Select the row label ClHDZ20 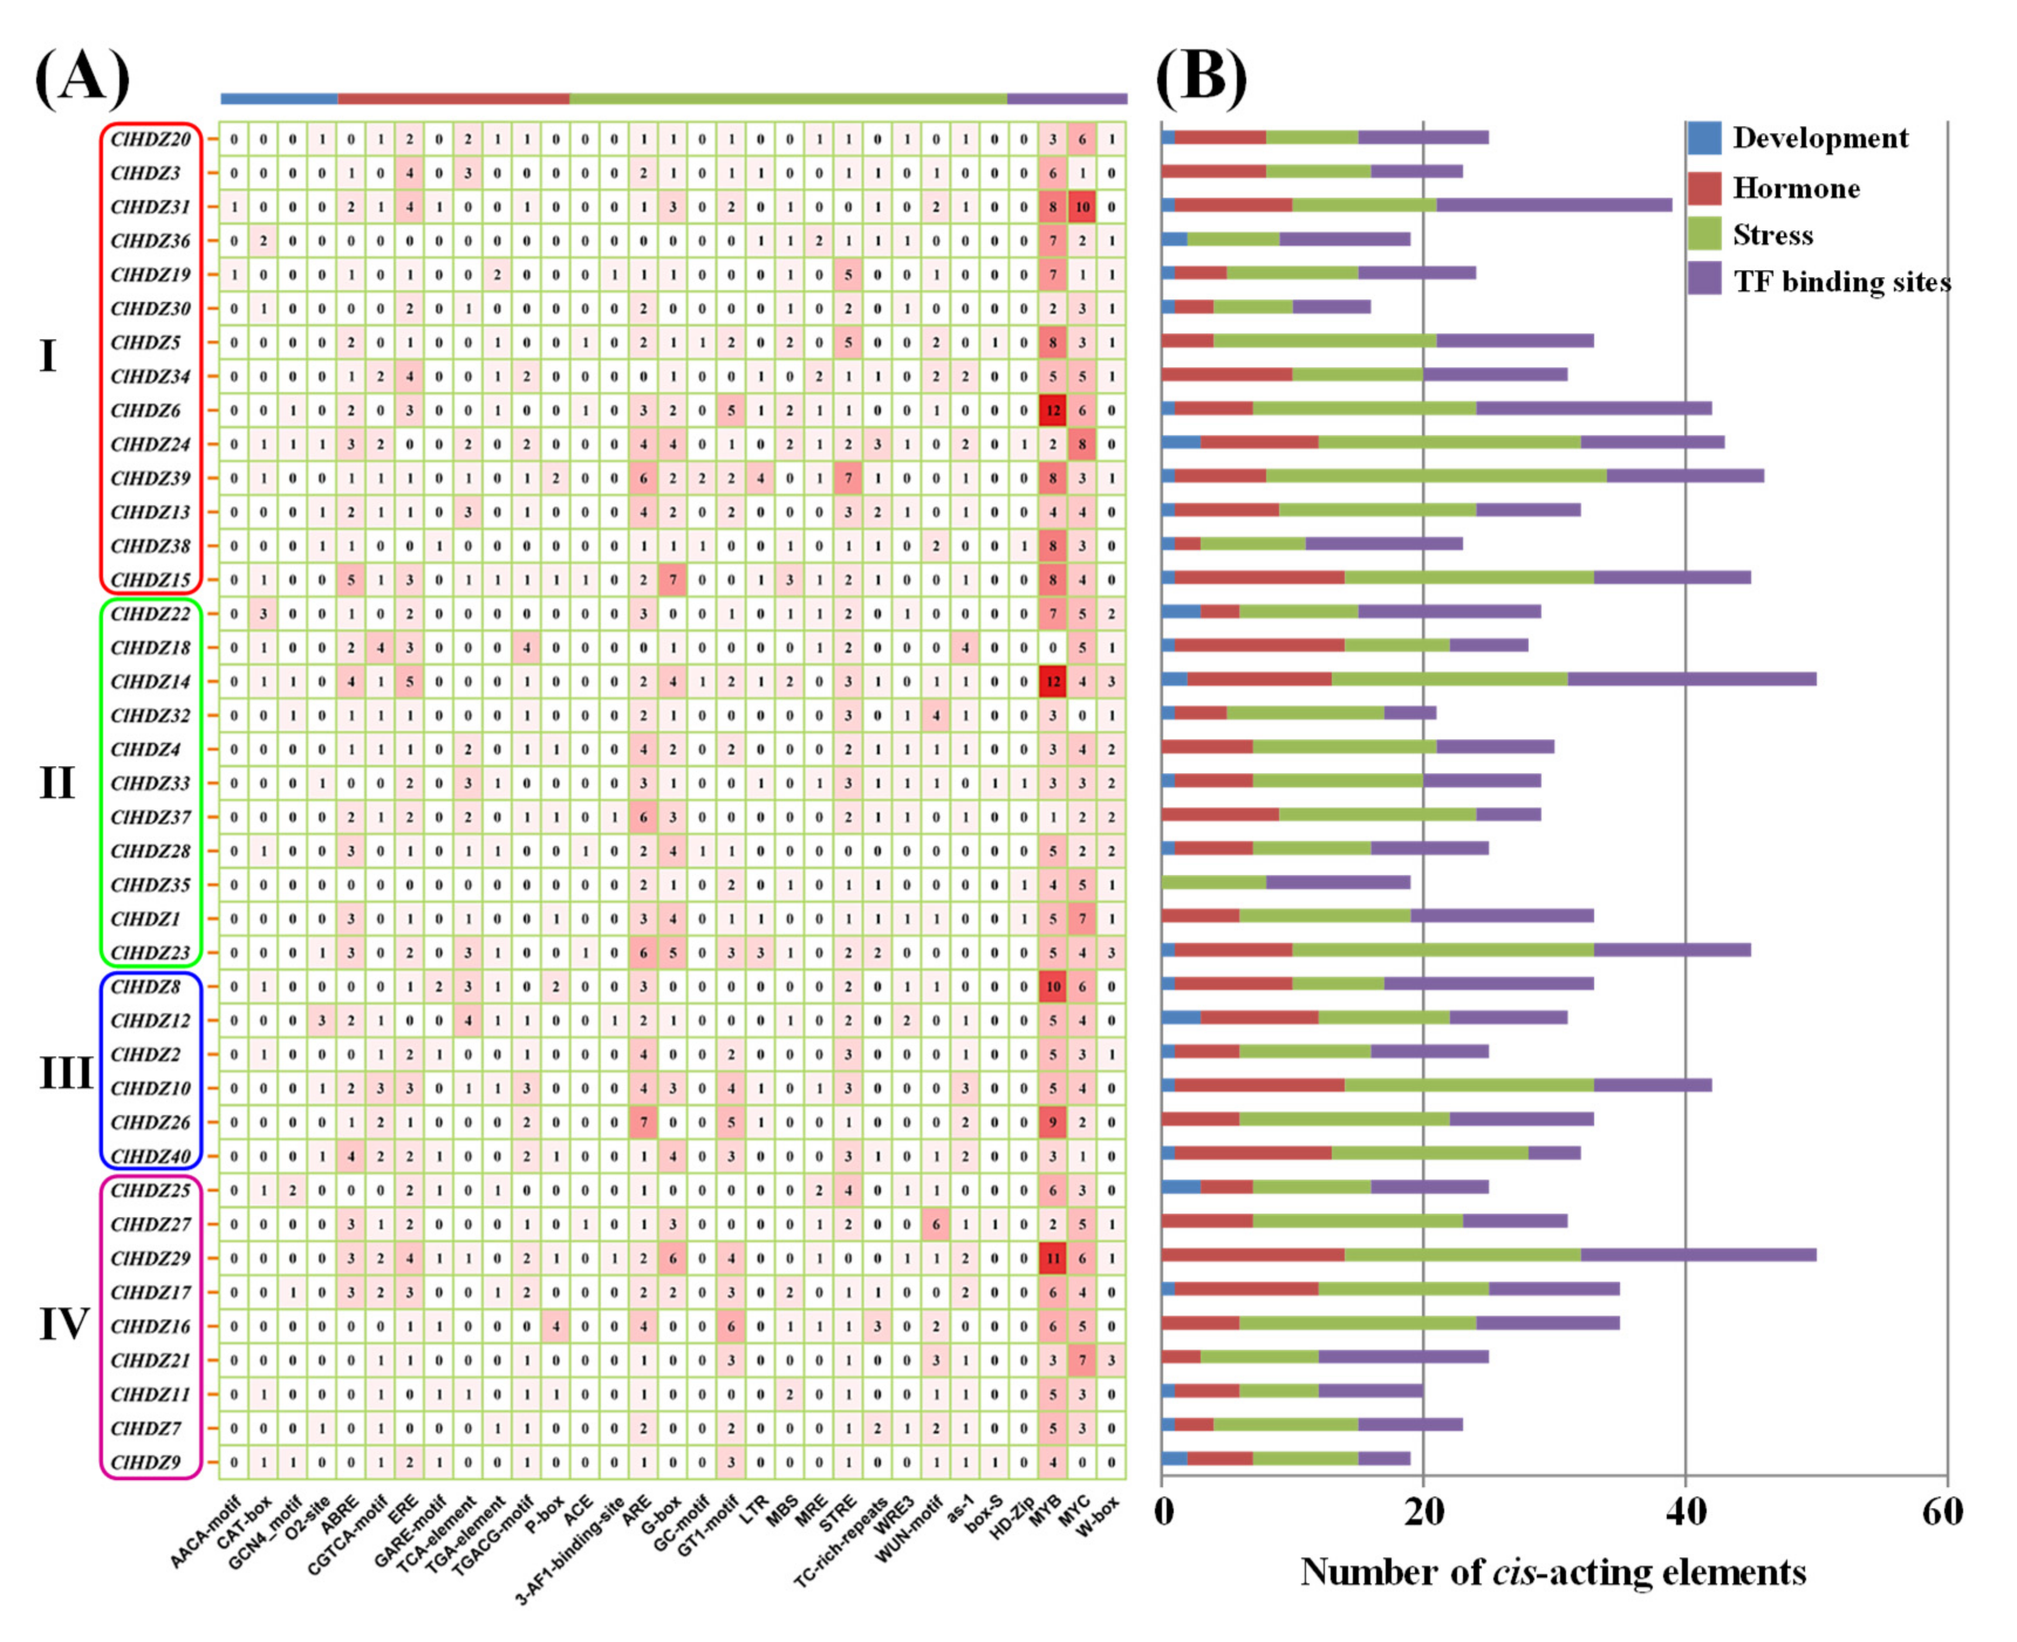[x=151, y=139]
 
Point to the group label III [x=65, y=1073]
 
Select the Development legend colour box [x=1704, y=138]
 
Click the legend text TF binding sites [x=1841, y=281]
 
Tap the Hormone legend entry [x=1794, y=188]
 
